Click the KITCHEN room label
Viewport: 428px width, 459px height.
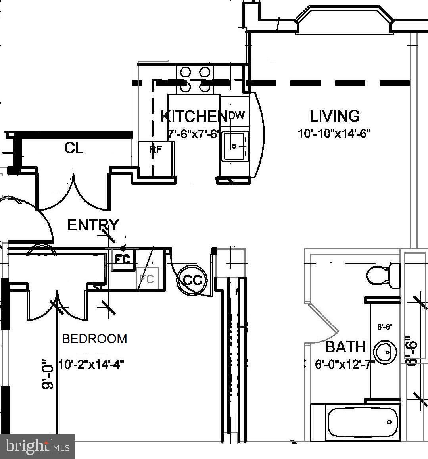[194, 116]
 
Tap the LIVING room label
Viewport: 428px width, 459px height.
[335, 116]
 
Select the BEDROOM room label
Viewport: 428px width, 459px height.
[95, 339]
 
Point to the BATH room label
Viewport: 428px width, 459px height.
[345, 347]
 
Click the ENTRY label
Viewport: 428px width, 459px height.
[93, 225]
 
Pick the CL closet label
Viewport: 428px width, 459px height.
[74, 148]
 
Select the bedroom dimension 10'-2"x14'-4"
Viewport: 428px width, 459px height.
[91, 365]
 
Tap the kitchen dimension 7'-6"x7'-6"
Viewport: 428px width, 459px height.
[193, 134]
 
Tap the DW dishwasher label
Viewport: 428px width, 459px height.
[237, 115]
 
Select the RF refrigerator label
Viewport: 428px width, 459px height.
[155, 149]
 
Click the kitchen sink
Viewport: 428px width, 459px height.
[234, 146]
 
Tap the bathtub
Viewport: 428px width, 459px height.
[362, 422]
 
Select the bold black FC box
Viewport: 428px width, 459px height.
[122, 259]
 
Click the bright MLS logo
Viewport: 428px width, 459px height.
[37, 447]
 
